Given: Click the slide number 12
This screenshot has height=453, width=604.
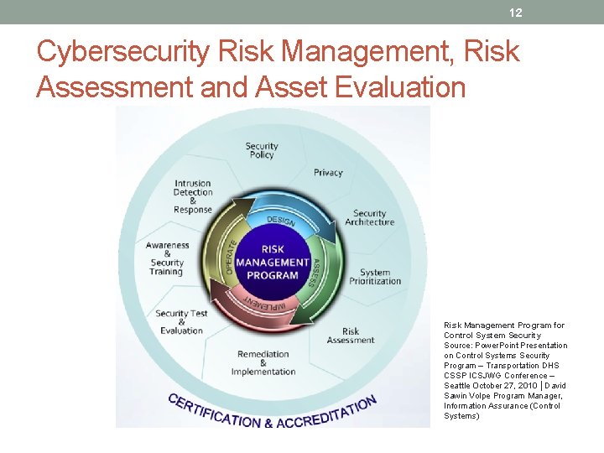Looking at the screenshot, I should [x=516, y=13].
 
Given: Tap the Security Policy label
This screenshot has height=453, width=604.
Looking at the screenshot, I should [x=262, y=150].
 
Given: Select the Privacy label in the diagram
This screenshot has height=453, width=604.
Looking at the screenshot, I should [x=328, y=173].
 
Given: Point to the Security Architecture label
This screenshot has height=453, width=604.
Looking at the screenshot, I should [x=369, y=218].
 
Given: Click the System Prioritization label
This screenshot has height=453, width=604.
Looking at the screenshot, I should [x=375, y=277].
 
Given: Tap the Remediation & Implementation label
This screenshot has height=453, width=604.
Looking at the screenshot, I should [x=263, y=363].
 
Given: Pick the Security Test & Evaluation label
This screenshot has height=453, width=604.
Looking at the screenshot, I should [x=181, y=322].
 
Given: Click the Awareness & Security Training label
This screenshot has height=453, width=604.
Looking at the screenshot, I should [x=167, y=258].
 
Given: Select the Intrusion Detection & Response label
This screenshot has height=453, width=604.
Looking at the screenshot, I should [x=193, y=197].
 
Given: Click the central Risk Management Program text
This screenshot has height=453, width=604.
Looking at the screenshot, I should [x=273, y=262].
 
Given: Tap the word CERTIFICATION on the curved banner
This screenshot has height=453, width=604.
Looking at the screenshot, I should [x=215, y=410].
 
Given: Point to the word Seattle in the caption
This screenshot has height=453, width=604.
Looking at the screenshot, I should [x=458, y=386].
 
